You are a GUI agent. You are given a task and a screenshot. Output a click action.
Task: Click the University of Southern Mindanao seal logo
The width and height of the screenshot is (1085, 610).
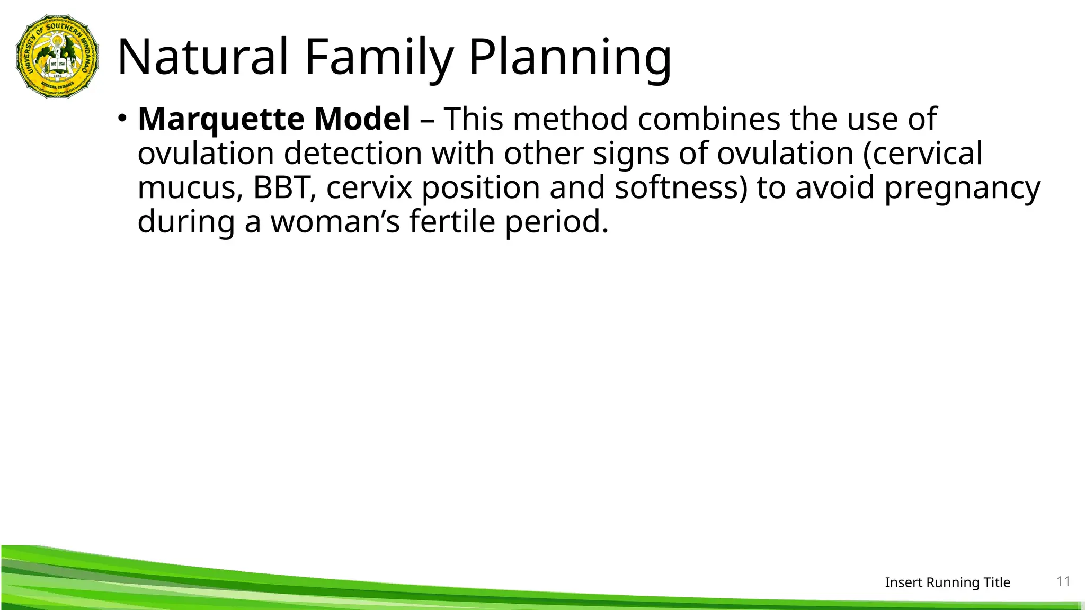click(57, 56)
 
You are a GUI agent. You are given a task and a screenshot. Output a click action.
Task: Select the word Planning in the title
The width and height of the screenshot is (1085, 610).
click(570, 58)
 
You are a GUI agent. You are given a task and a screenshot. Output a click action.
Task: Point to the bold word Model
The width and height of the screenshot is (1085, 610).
click(362, 119)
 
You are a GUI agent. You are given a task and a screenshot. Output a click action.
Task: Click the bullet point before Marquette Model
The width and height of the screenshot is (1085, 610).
click(122, 118)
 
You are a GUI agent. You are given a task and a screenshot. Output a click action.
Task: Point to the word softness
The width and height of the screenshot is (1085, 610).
click(675, 187)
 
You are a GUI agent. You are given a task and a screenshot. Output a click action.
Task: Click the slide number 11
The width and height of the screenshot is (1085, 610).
click(1063, 581)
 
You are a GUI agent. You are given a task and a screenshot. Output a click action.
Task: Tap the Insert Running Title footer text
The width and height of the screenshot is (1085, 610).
click(947, 582)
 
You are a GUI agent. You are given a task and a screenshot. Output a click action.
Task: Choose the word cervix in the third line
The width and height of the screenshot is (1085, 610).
click(369, 187)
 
